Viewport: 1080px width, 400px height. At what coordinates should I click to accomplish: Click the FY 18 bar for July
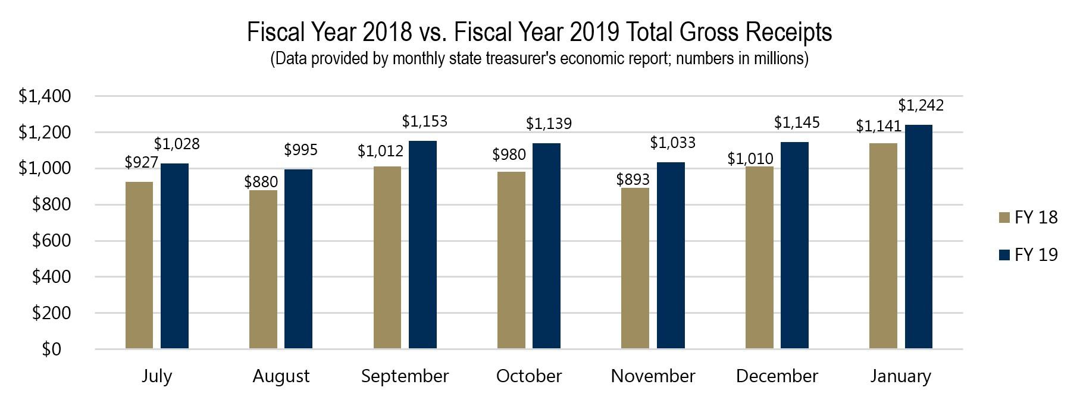point(139,265)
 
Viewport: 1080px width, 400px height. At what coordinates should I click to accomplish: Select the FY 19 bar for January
point(918,237)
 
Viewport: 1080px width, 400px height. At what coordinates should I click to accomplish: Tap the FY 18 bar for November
point(635,268)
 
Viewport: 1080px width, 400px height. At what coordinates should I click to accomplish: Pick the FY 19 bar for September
point(422,244)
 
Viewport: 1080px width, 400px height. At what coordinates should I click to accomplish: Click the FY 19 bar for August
point(298,259)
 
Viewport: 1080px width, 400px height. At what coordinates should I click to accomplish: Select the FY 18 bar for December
point(759,257)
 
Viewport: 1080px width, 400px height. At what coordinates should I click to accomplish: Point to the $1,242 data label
point(921,106)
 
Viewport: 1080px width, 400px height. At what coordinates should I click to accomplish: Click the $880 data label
point(261,181)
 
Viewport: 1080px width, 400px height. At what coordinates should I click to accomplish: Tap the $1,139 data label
point(549,124)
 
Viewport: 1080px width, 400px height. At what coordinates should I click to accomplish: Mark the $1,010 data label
point(750,159)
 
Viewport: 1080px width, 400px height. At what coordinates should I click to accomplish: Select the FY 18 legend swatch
point(1004,218)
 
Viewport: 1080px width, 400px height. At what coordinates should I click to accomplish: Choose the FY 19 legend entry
point(1036,255)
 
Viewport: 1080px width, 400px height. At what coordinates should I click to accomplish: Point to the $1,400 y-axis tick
point(45,96)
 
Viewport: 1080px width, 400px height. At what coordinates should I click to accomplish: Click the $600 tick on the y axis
point(51,241)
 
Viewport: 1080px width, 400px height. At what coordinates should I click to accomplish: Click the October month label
point(528,376)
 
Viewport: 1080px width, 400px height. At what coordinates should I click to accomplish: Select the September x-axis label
point(405,376)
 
